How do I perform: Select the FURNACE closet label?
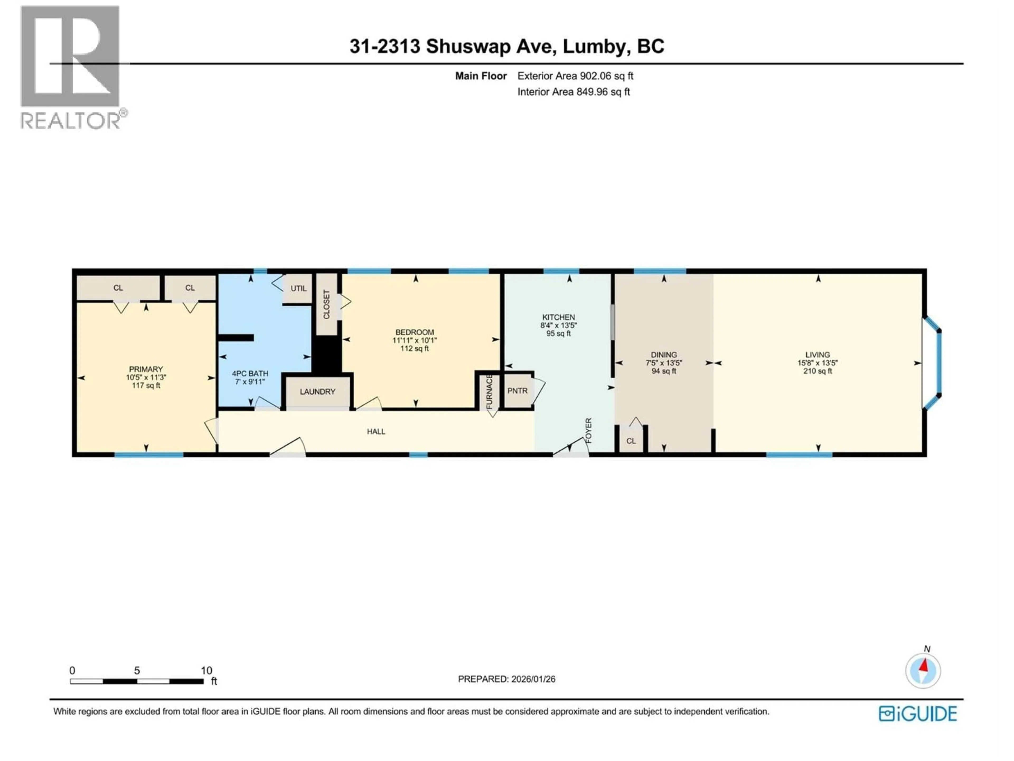[x=489, y=392]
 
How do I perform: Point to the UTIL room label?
[x=298, y=289]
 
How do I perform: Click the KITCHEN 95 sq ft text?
[x=558, y=333]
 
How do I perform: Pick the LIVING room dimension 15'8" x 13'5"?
[x=817, y=363]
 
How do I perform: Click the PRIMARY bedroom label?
[x=146, y=369]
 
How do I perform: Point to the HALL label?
[x=376, y=432]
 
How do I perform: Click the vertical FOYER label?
[x=589, y=430]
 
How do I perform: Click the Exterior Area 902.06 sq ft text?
[x=575, y=76]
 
